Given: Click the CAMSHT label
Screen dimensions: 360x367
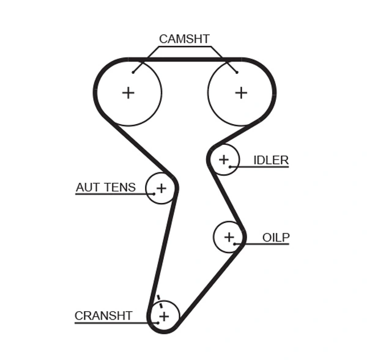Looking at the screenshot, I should [184, 39].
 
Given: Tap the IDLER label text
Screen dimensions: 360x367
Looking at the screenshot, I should [271, 160].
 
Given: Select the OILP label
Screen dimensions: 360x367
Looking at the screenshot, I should [276, 237].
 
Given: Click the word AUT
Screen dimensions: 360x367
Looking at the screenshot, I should [87, 187].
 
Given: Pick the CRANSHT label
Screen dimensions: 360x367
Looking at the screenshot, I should [103, 315].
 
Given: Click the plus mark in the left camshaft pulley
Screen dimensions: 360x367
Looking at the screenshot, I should [128, 92].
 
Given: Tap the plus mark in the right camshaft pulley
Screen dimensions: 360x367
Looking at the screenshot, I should [241, 92].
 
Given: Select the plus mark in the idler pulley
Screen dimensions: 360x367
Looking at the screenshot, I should [224, 160].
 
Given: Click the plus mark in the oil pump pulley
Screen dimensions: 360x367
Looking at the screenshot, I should [229, 237].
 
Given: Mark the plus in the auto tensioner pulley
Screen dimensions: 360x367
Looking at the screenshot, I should [161, 188].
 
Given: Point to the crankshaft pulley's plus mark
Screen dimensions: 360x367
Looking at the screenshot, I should [163, 315].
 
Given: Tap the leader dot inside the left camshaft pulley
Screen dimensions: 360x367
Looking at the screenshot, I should [133, 73].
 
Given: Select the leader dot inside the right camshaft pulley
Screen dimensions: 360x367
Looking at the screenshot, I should [236, 73].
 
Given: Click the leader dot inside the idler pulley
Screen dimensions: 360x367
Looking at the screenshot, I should [230, 166].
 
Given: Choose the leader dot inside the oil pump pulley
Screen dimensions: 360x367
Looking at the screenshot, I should [235, 244].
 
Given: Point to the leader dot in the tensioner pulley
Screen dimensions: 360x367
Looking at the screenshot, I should [154, 194].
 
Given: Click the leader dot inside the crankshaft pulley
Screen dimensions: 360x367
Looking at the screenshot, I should [157, 322].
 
